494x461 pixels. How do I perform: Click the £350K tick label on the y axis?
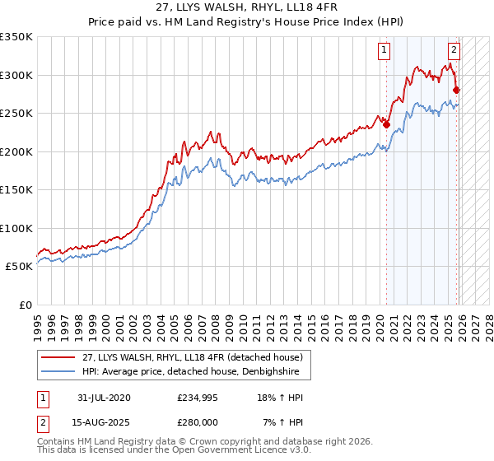pos(16,37)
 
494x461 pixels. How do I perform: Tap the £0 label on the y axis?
pos(24,305)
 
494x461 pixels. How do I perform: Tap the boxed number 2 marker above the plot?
pos(454,49)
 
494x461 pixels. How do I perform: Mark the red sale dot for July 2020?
pos(386,125)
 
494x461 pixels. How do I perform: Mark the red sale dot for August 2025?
pos(457,91)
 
